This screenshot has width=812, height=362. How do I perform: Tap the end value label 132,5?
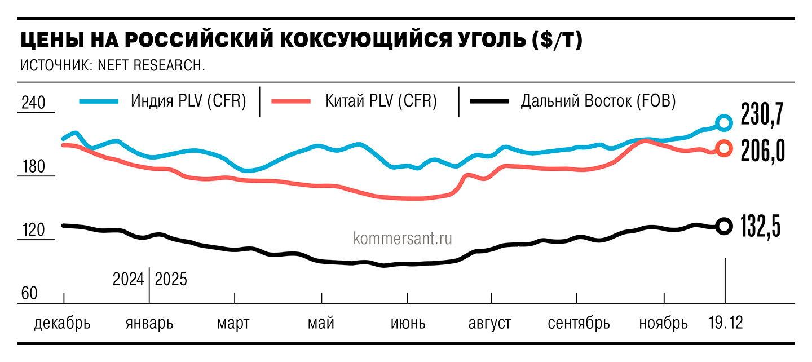tap(761, 227)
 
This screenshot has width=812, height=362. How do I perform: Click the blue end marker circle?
tap(724, 122)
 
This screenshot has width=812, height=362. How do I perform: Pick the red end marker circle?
tap(724, 148)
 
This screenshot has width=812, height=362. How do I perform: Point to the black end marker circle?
tap(724, 226)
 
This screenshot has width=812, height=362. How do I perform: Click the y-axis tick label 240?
tap(33, 104)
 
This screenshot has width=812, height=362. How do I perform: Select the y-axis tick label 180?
tap(33, 167)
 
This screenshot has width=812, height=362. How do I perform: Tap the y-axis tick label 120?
tap(33, 231)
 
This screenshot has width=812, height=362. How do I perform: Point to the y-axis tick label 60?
tap(29, 293)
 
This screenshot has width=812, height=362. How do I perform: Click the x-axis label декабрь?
tap(61, 324)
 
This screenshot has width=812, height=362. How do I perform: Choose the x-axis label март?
tap(233, 324)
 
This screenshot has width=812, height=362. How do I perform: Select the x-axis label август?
tap(489, 324)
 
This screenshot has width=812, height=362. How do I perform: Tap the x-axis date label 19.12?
tap(725, 324)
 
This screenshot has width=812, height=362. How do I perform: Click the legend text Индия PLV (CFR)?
tap(188, 101)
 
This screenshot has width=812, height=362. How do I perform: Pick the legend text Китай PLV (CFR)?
tap(381, 101)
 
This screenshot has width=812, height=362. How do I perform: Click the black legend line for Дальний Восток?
tap(491, 101)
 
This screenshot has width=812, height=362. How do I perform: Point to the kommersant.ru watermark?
tap(403, 239)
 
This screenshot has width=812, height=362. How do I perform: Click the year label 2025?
tap(170, 279)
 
